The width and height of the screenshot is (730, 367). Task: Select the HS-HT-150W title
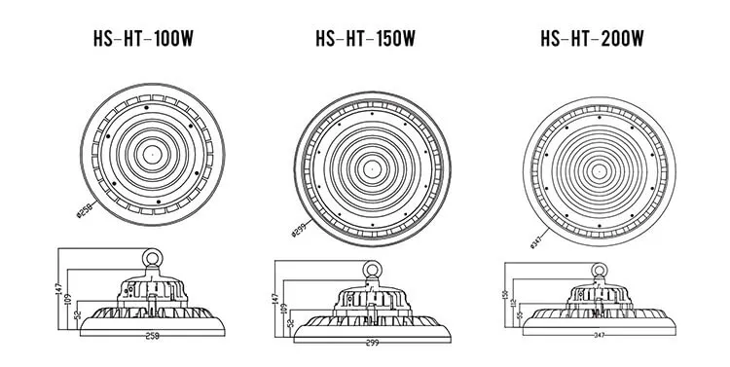[x=365, y=40]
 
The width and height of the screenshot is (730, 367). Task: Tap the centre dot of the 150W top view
[x=371, y=165]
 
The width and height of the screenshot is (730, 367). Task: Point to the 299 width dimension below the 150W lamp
[x=371, y=344]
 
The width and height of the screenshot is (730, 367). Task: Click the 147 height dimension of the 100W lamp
[x=58, y=288]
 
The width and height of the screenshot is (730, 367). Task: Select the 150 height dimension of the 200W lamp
[x=503, y=295]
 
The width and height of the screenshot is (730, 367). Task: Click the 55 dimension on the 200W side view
[x=520, y=316]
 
